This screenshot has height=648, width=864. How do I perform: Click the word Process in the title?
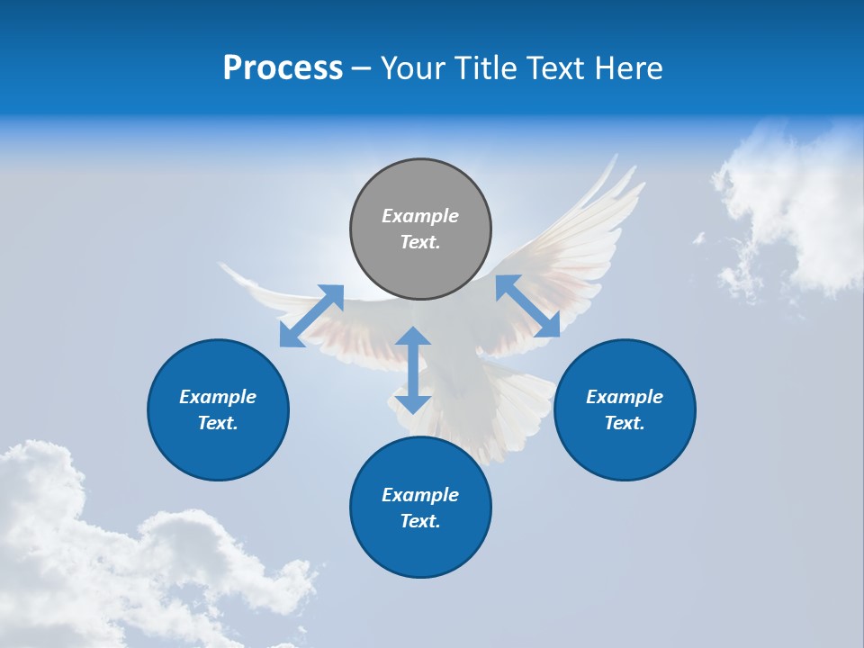coord(283,68)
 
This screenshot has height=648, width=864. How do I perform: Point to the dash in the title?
coord(362,69)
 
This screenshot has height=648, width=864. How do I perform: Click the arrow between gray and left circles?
coord(311,316)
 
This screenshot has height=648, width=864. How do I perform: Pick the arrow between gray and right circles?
coord(528,306)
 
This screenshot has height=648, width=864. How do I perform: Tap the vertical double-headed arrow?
coord(413,370)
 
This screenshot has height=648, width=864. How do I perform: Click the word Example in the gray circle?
coord(420,216)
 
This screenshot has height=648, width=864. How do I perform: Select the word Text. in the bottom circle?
coord(420,521)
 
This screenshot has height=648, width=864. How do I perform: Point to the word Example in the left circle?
coord(218,397)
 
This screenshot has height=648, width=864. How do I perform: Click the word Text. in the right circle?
coord(625,423)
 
